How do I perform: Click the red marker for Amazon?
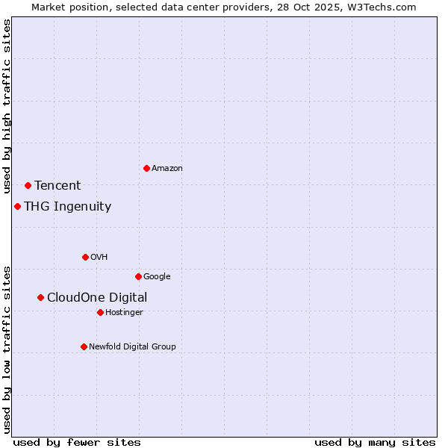click(x=146, y=168)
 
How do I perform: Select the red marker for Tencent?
click(x=28, y=185)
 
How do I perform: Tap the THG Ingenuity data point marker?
click(x=17, y=206)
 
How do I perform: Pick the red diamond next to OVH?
click(x=85, y=257)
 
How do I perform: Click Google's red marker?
click(x=138, y=276)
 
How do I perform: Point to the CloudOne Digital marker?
click(x=40, y=297)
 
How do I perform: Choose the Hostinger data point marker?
click(x=100, y=312)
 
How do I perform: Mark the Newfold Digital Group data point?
click(x=84, y=346)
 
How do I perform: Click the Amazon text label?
click(x=167, y=169)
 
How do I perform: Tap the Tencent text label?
click(x=57, y=186)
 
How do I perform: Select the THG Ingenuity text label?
click(x=68, y=207)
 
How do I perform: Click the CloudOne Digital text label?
click(x=97, y=298)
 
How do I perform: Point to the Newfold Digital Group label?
click(x=132, y=346)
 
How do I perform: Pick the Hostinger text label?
click(x=124, y=312)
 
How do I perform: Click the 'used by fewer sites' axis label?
click(x=77, y=442)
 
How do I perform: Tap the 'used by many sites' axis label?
click(x=375, y=442)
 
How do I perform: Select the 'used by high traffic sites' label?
click(x=7, y=107)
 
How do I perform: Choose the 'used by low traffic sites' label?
click(x=7, y=349)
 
